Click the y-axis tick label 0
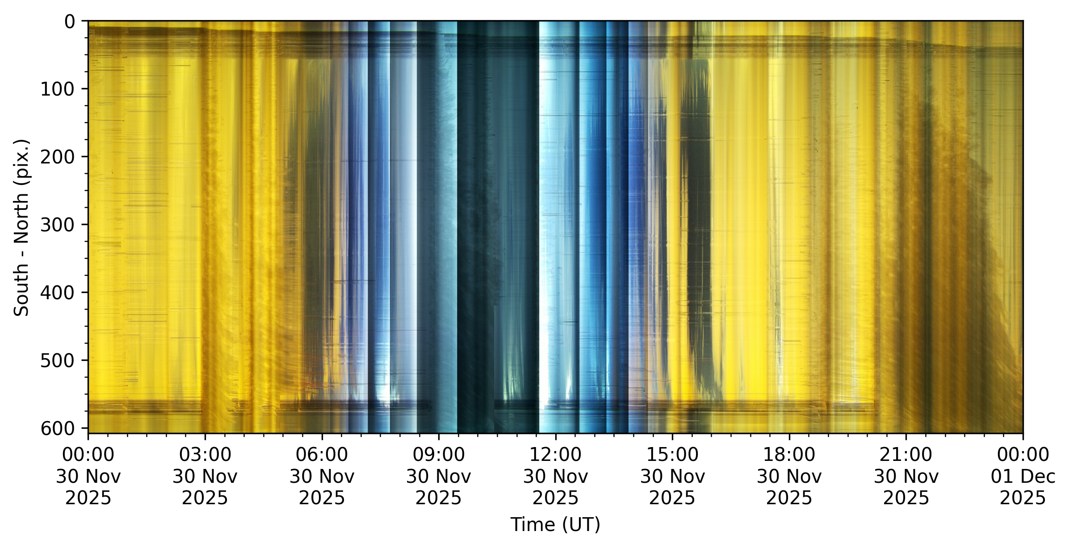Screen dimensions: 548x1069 70,21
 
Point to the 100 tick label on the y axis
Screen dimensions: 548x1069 58,89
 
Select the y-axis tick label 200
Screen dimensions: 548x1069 58,157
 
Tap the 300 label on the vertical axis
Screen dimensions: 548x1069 58,225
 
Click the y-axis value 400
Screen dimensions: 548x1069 58,293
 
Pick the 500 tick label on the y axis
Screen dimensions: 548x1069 58,360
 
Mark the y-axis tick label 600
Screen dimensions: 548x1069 58,428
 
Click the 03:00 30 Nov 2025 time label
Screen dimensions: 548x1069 205,476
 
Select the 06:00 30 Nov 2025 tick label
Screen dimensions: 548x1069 322,476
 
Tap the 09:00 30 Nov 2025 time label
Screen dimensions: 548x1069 439,476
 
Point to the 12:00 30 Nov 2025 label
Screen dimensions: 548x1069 555,476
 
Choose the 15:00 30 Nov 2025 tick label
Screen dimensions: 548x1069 672,476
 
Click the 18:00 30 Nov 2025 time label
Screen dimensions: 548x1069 789,476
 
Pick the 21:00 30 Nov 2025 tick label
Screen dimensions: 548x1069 906,476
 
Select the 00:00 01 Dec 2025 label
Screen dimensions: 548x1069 1023,476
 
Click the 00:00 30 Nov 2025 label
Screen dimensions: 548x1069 88,476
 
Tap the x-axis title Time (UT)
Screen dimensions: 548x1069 555,524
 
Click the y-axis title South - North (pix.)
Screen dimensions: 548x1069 21,228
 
